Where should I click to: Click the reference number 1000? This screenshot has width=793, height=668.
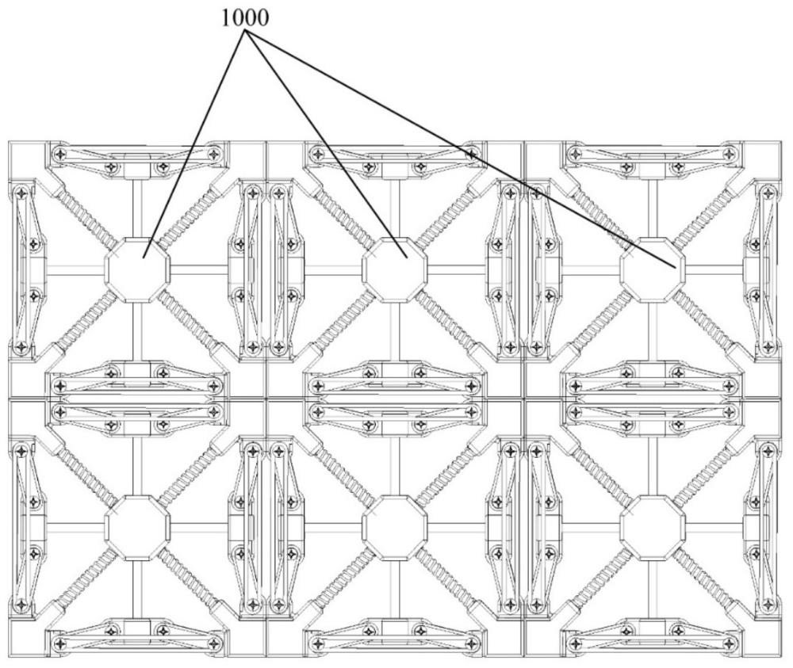click(245, 19)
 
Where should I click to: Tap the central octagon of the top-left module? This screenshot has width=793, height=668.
click(136, 270)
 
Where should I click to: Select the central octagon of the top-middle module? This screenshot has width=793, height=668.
click(394, 270)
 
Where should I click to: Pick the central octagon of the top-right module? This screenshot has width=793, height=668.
click(653, 270)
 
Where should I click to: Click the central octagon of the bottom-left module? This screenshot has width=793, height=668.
click(136, 528)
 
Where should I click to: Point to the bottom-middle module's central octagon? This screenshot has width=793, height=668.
click(394, 528)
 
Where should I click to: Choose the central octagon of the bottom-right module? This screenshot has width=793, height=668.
click(653, 528)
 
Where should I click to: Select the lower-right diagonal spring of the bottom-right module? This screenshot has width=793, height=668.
click(703, 578)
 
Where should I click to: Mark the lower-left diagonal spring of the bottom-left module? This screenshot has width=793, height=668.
click(86, 578)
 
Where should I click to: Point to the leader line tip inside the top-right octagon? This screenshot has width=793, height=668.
click(676, 266)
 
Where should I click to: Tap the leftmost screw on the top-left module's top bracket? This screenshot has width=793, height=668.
click(60, 153)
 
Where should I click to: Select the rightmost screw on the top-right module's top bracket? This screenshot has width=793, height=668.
click(729, 152)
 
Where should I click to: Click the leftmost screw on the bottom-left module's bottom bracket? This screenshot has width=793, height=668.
click(60, 643)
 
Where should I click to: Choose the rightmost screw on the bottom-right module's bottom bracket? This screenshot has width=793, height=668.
click(729, 643)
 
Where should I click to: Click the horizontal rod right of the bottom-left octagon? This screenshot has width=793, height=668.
click(199, 528)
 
